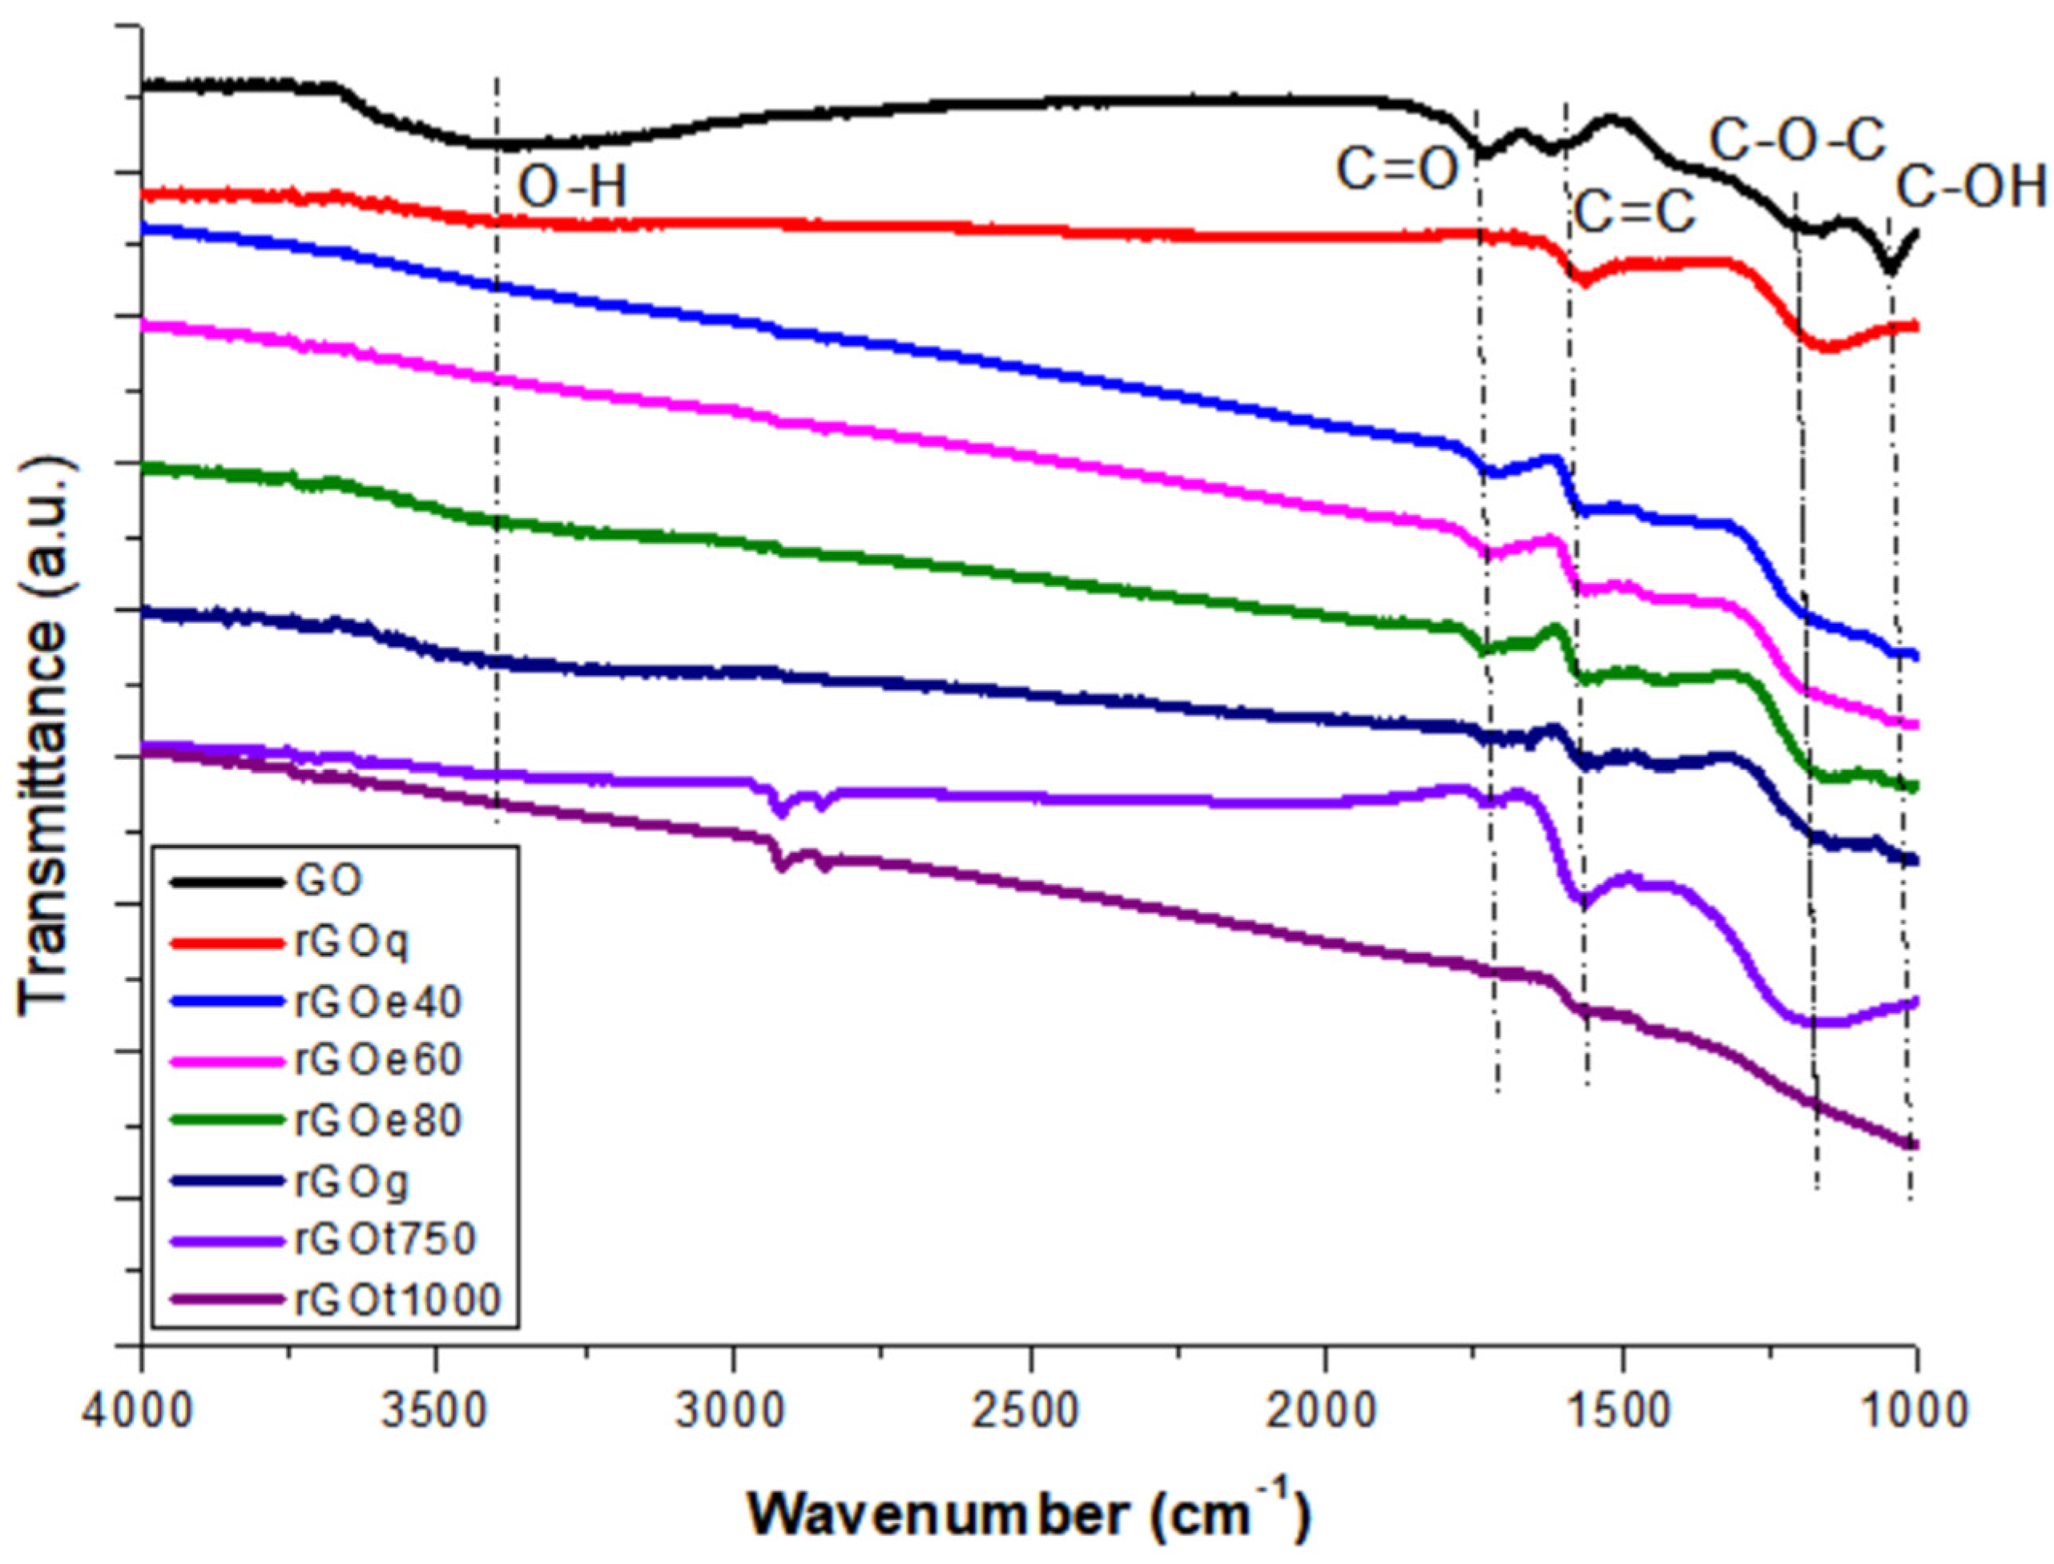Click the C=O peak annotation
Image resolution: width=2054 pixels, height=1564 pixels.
[1396, 171]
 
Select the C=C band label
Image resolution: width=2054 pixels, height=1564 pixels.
[1634, 212]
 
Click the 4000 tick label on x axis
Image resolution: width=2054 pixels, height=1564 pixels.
[142, 1409]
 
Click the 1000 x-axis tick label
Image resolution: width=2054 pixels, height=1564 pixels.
[1916, 1409]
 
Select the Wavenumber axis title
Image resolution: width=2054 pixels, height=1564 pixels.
[1029, 1514]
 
